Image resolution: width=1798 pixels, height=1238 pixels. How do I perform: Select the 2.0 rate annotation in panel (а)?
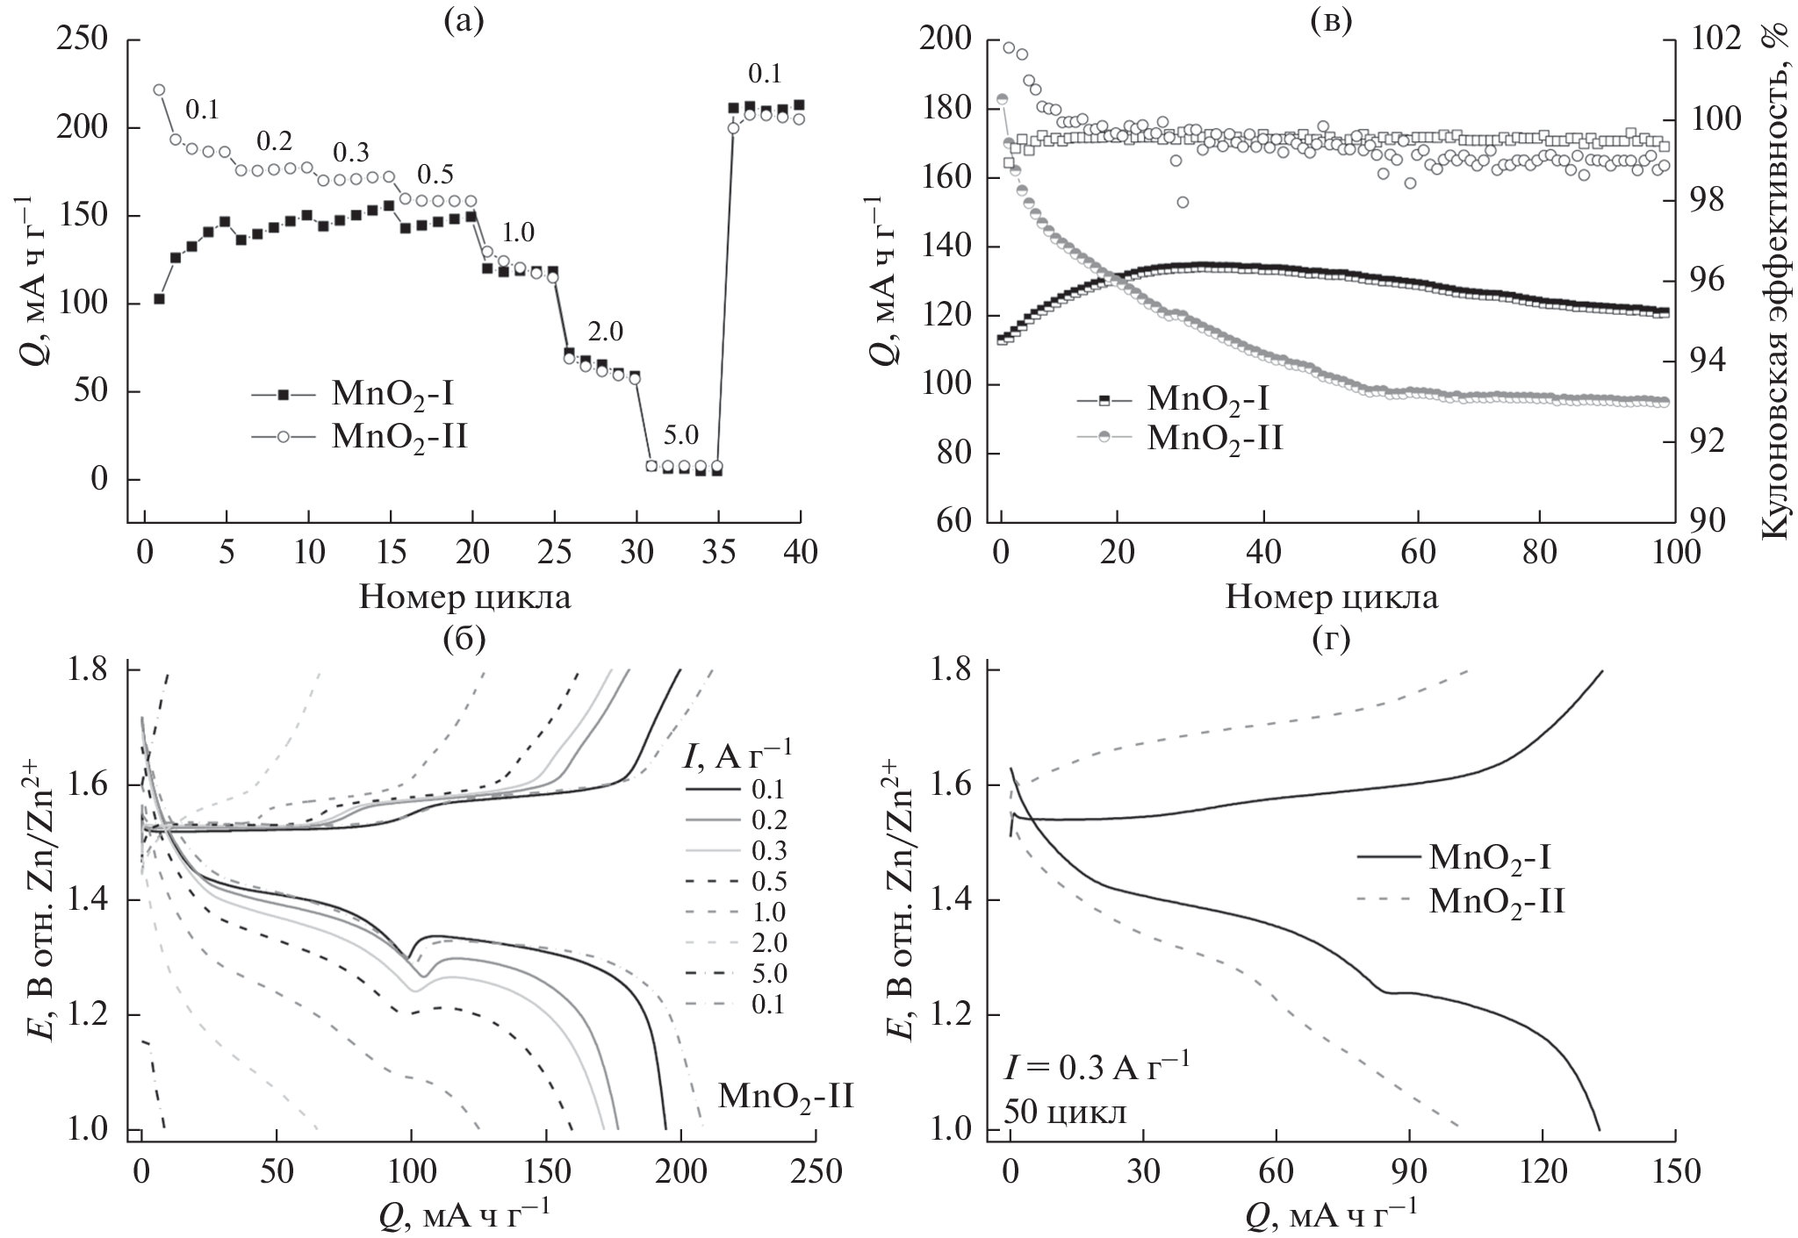(x=604, y=332)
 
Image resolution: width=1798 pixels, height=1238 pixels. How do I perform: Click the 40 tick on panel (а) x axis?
(x=800, y=555)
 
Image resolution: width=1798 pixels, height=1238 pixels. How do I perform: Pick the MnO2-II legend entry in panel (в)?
(x=1176, y=437)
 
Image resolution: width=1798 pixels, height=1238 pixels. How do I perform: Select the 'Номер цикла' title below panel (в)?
(x=1331, y=598)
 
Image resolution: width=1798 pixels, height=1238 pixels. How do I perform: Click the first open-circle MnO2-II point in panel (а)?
(x=159, y=89)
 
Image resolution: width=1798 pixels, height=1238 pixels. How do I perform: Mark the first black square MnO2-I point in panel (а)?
(x=159, y=298)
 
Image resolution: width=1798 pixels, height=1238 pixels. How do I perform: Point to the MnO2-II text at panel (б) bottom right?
(x=786, y=1096)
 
